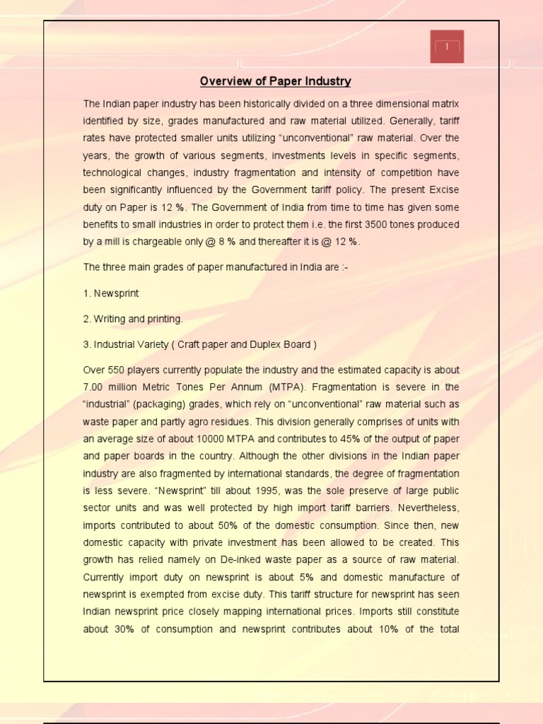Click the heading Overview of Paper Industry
pyautogui.click(x=276, y=81)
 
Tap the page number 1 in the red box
pyautogui.click(x=447, y=47)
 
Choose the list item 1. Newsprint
pyautogui.click(x=112, y=293)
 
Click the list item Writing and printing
pyautogui.click(x=138, y=319)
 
